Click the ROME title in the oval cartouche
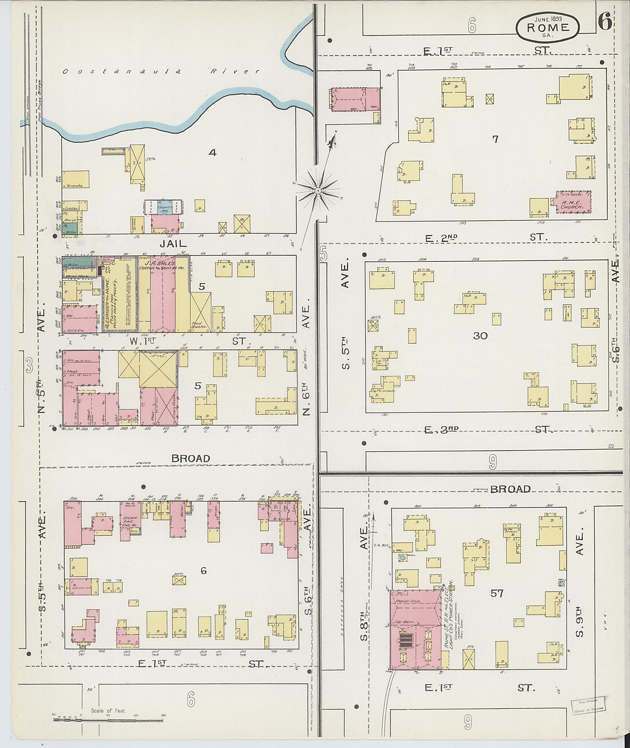[x=548, y=27]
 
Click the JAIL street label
[x=173, y=244]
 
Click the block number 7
[x=495, y=139]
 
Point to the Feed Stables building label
[x=199, y=324]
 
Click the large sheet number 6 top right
[x=604, y=22]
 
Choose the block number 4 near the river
[x=213, y=153]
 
